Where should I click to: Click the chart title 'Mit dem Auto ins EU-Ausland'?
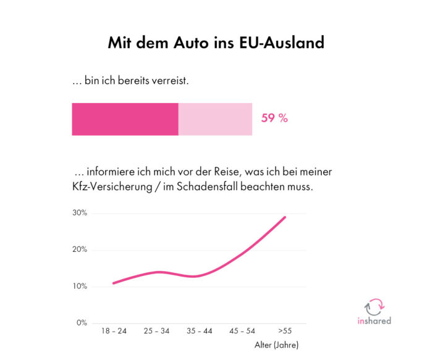click(x=216, y=43)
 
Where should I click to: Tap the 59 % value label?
click(x=274, y=119)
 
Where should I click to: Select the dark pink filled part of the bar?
click(x=125, y=119)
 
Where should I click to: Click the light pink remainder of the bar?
click(x=215, y=119)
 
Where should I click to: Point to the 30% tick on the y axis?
click(x=80, y=213)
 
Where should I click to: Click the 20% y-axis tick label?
click(x=80, y=249)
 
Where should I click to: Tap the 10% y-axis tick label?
click(x=80, y=287)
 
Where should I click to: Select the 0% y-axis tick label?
click(x=82, y=323)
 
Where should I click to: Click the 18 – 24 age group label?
click(x=114, y=332)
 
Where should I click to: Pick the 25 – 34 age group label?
click(x=156, y=332)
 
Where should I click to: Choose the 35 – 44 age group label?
click(x=199, y=332)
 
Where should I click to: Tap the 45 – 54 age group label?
click(x=242, y=332)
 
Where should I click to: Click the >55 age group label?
click(x=285, y=332)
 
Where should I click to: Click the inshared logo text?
click(x=374, y=320)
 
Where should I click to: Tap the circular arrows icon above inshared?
click(x=374, y=306)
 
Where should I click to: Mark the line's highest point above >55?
click(x=285, y=217)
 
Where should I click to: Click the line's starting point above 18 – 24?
click(x=114, y=283)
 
